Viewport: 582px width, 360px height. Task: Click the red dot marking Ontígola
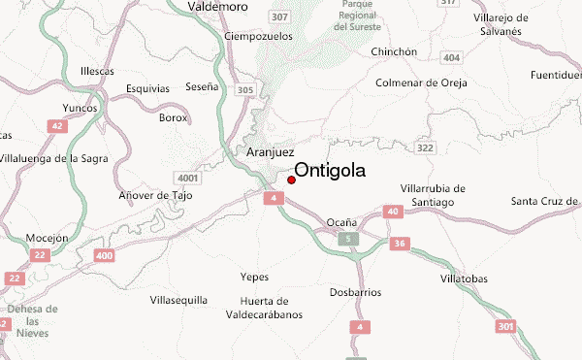pyautogui.click(x=292, y=179)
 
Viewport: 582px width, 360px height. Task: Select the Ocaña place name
pyautogui.click(x=341, y=221)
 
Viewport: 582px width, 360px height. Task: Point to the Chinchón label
pyautogui.click(x=394, y=51)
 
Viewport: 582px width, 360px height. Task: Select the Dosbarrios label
pyautogui.click(x=355, y=292)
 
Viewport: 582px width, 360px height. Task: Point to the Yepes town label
pyautogui.click(x=254, y=277)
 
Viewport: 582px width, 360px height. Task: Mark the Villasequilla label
pyautogui.click(x=179, y=300)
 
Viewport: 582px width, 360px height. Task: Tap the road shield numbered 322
pyautogui.click(x=424, y=147)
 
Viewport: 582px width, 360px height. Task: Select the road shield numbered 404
pyautogui.click(x=450, y=59)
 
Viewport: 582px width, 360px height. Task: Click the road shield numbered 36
pyautogui.click(x=399, y=244)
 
